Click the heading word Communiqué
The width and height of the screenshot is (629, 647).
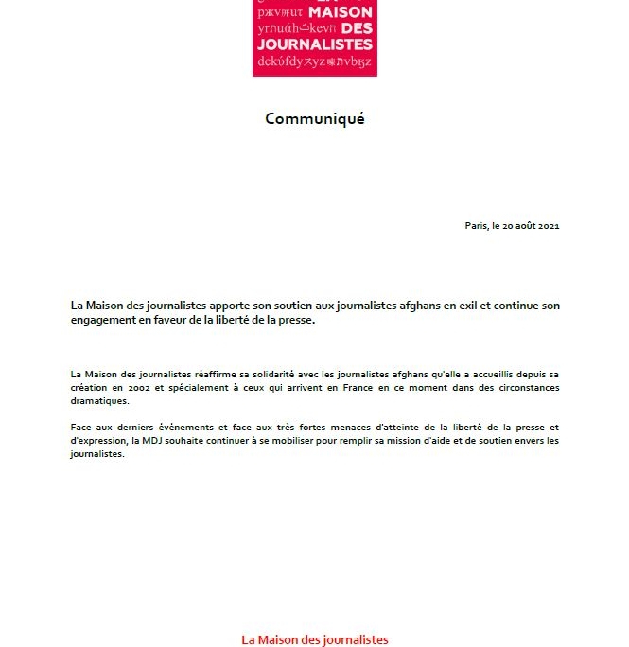pos(314,118)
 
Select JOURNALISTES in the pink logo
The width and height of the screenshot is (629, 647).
pos(315,44)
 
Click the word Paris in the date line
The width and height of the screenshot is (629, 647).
pos(475,225)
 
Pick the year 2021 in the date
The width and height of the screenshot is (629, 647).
pos(550,225)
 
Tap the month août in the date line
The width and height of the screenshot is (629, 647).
pos(525,225)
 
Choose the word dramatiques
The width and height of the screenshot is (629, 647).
pos(97,401)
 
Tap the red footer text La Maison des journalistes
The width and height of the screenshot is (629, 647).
pos(314,639)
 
